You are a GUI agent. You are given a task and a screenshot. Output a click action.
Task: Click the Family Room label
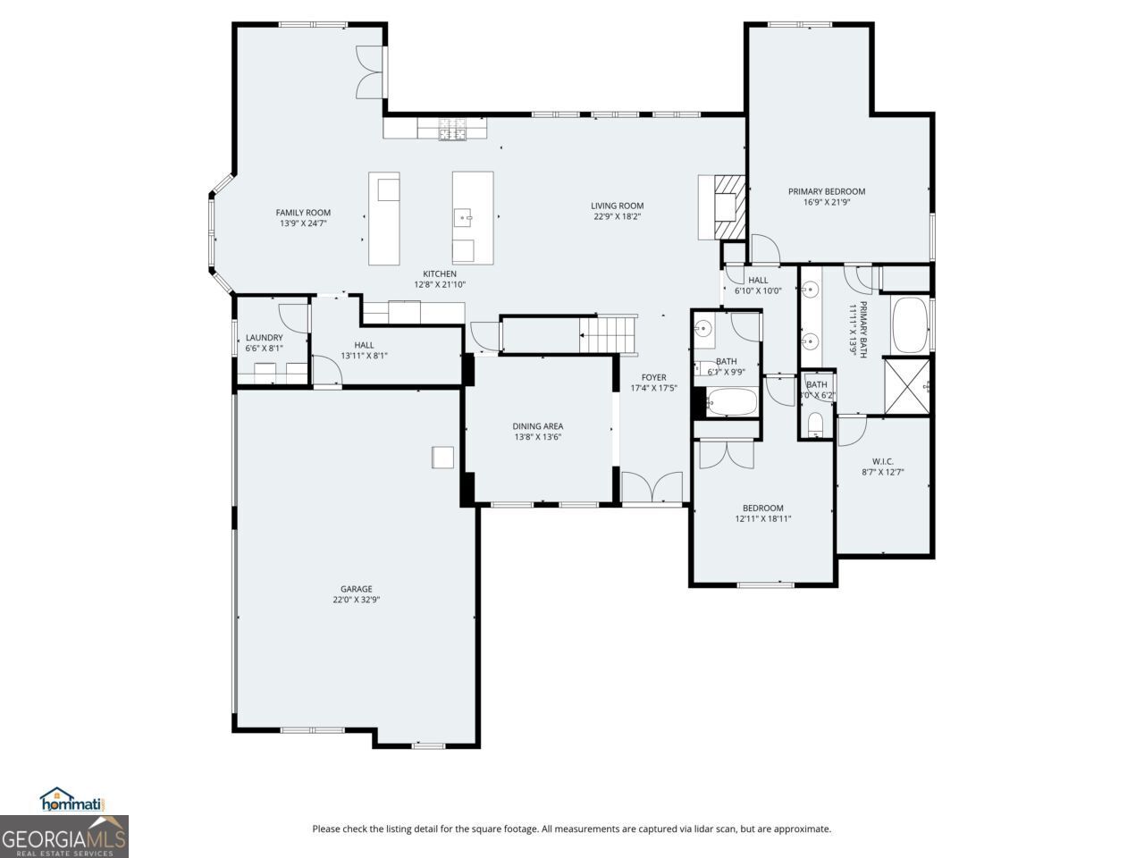point(303,213)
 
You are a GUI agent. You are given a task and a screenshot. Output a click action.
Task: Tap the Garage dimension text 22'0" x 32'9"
point(356,600)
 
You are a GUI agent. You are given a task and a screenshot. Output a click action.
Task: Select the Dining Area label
point(537,426)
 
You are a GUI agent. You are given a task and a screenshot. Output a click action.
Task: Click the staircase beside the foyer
point(610,335)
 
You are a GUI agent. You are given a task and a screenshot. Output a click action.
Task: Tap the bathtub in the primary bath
point(910,325)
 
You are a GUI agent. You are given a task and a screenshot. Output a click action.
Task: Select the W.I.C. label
point(882,461)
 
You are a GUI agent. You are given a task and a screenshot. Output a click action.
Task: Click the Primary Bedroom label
point(826,191)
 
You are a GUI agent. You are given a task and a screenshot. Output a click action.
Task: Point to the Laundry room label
point(264,338)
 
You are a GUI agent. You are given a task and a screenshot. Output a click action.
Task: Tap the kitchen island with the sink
point(472,218)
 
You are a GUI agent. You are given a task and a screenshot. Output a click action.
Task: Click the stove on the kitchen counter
point(450,131)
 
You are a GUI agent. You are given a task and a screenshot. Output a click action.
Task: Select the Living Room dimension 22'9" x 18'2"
point(617,216)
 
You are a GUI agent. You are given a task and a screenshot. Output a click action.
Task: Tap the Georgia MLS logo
point(64,837)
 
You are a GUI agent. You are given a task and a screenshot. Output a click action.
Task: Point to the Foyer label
point(653,377)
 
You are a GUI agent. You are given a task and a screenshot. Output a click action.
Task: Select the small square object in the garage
point(443,457)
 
